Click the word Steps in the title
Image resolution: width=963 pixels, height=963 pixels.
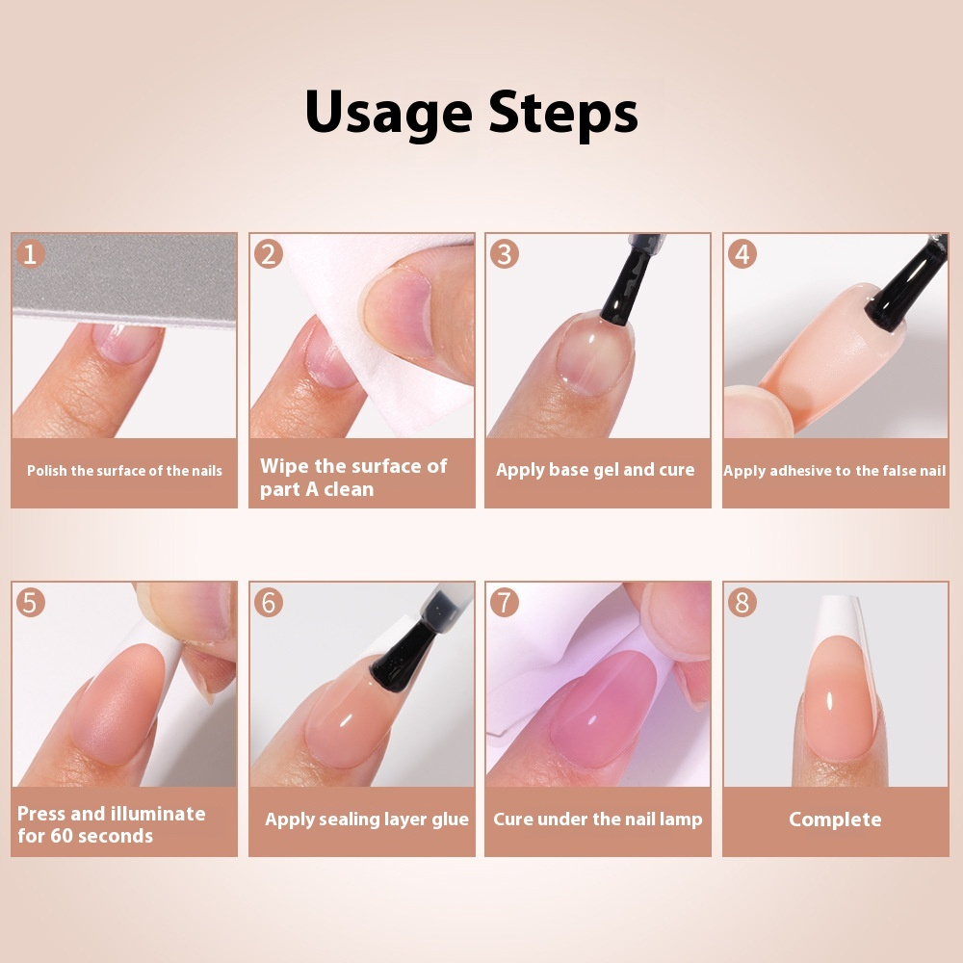(x=562, y=114)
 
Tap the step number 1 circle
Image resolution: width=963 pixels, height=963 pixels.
(x=31, y=254)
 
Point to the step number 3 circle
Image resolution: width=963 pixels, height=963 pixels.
(x=505, y=254)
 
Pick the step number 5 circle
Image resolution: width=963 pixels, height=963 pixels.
(x=31, y=603)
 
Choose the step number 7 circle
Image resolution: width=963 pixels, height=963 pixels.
(x=505, y=603)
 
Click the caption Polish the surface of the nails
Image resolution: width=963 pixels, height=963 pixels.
(x=124, y=471)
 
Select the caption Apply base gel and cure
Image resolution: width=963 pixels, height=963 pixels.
(x=595, y=470)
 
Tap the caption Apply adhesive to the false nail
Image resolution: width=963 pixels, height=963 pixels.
(x=834, y=471)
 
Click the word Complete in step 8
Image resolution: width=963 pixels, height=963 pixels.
(x=835, y=820)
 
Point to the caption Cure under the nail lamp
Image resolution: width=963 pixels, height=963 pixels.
(x=597, y=820)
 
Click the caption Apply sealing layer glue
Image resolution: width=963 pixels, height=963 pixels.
(x=367, y=820)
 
